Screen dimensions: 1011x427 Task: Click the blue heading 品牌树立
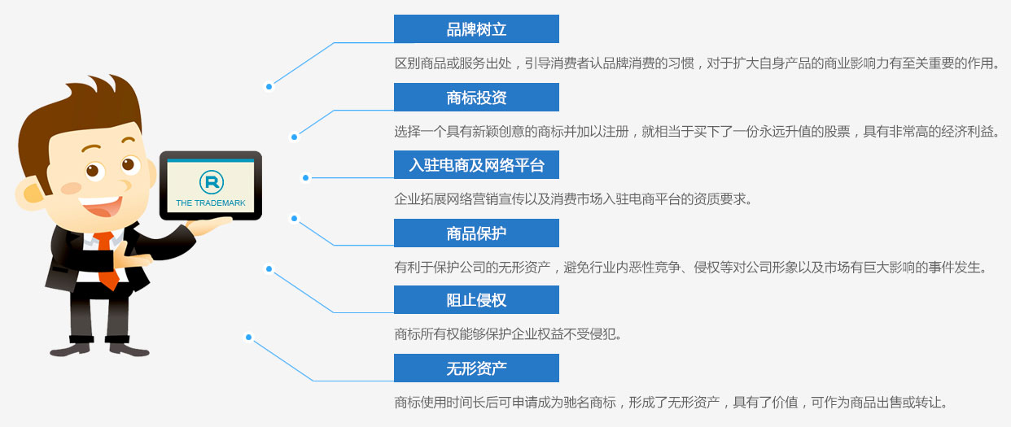(476, 28)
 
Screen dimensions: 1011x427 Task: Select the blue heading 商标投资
(476, 97)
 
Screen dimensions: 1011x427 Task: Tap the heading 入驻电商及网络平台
(476, 164)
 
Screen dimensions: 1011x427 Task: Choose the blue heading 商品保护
(476, 233)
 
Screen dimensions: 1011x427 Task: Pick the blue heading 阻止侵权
(476, 300)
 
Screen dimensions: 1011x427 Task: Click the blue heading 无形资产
(476, 368)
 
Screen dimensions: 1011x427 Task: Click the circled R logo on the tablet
(211, 181)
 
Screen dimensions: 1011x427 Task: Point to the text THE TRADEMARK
(211, 203)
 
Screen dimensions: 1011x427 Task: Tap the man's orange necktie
(107, 260)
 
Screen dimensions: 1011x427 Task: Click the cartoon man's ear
(31, 194)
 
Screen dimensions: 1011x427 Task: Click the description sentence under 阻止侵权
(508, 334)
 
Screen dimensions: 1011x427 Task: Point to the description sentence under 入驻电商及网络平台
(573, 198)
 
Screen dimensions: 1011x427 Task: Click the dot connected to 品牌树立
(269, 86)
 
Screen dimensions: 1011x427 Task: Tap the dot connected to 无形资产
(249, 338)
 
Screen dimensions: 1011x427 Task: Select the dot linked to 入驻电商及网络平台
(305, 177)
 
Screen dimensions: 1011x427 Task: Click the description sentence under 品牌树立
(697, 63)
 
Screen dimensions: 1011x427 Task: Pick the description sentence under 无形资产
(671, 403)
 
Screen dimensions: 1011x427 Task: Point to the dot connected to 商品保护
(295, 219)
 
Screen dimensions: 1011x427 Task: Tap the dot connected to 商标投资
(295, 137)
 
